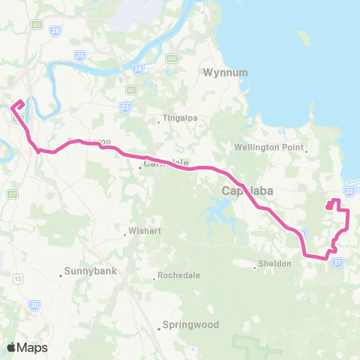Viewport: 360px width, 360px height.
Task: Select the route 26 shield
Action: [55, 31]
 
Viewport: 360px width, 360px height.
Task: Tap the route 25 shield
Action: [80, 55]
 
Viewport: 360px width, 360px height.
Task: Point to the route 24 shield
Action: [138, 68]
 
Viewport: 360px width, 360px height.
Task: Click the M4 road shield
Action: [172, 58]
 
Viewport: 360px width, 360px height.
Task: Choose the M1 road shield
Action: [131, 89]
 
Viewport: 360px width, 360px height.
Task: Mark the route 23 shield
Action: [124, 107]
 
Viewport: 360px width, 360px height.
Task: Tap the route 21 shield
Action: [339, 262]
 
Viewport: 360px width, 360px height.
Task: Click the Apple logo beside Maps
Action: [12, 347]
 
